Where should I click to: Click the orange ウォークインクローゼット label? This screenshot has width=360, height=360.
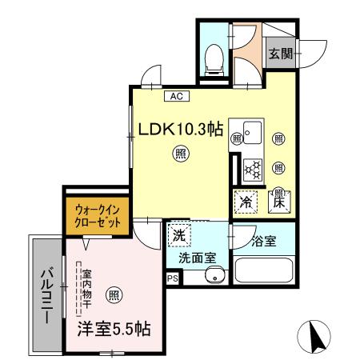tap(96, 216)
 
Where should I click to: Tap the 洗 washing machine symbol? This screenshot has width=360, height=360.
tap(178, 238)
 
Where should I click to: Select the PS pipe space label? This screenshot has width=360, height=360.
tap(172, 278)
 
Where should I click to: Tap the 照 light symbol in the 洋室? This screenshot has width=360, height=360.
tap(116, 294)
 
